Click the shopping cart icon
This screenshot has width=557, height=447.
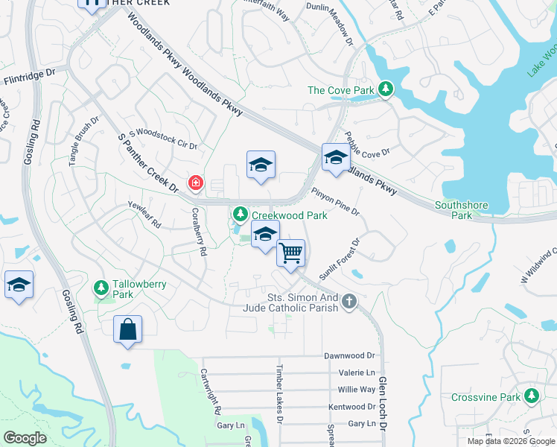[291, 253]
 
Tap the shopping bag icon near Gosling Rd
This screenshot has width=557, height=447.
[127, 329]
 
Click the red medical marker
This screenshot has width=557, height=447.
[195, 183]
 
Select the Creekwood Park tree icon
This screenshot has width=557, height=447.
[240, 215]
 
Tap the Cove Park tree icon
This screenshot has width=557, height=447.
[385, 90]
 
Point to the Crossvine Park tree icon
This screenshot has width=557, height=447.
[531, 396]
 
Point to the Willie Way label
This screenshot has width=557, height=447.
[357, 390]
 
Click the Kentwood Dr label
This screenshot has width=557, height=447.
[351, 407]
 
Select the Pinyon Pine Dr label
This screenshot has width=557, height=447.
[335, 201]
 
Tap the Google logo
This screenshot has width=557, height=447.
[25, 438]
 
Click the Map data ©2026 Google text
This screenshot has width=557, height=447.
[510, 441]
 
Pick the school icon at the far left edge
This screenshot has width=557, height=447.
[19, 285]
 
